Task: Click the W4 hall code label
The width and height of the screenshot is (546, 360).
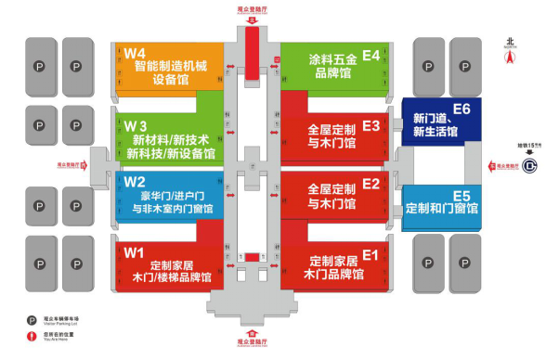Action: tap(136, 52)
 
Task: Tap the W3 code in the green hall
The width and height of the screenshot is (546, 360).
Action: tap(136, 125)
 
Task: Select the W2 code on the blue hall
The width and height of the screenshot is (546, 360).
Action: tap(136, 182)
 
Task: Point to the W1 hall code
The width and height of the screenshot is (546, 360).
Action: tap(136, 251)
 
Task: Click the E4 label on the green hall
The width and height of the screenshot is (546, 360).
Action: tap(371, 56)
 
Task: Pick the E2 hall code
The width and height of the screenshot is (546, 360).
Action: tap(371, 183)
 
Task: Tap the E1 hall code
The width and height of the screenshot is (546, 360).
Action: tap(371, 251)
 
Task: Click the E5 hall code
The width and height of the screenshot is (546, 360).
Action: tap(461, 195)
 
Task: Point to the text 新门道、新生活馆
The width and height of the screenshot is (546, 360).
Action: tap(435, 125)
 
